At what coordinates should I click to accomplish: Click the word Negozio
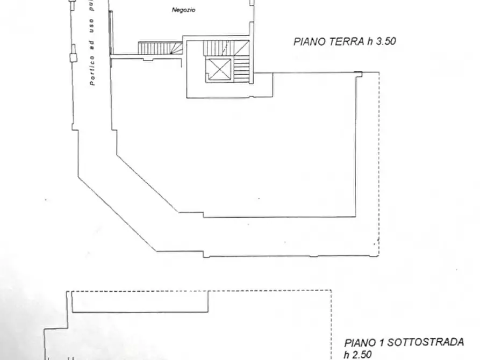tap(183, 9)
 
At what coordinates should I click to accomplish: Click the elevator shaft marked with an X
tap(218, 68)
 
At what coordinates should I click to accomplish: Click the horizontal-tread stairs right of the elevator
tap(242, 67)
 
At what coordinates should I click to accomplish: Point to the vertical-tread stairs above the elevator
tap(220, 48)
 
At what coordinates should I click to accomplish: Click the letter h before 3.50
tap(370, 41)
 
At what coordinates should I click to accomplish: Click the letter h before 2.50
tap(347, 354)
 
